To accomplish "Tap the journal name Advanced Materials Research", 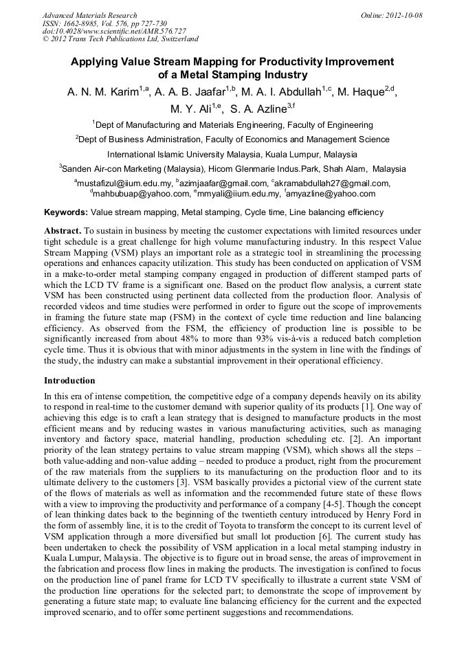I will [x=89, y=15].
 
